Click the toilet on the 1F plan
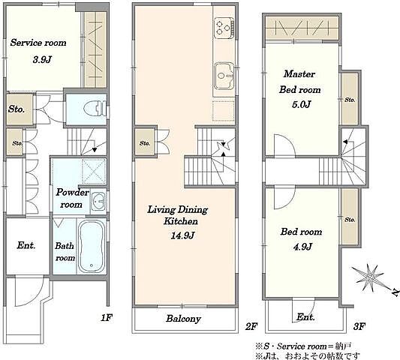click(95, 109)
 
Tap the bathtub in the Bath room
click(92, 247)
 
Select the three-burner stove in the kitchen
click(224, 28)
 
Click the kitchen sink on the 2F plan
click(224, 76)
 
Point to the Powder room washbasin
click(98, 202)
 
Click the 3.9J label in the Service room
click(42, 60)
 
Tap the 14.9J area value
click(182, 235)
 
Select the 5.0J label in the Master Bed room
click(302, 104)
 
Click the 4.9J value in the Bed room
click(302, 247)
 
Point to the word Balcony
click(183, 319)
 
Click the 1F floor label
click(107, 318)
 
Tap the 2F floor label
click(251, 326)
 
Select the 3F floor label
click(359, 326)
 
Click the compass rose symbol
click(368, 277)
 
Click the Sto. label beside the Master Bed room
click(350, 100)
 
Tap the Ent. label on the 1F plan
click(26, 245)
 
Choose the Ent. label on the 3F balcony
click(305, 317)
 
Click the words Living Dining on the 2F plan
click(178, 210)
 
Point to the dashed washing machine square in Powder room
click(94, 171)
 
